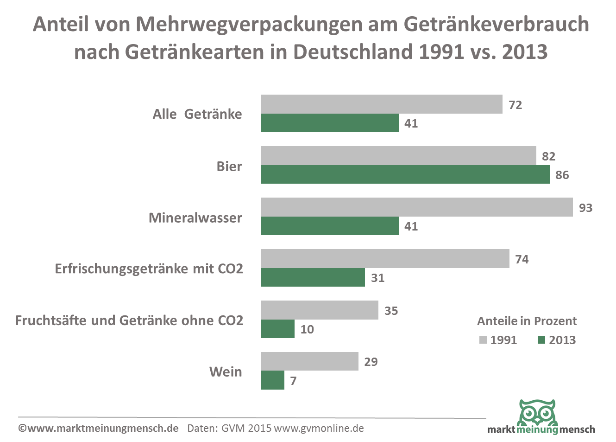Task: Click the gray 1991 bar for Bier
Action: tap(398, 156)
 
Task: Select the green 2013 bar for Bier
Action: tap(405, 174)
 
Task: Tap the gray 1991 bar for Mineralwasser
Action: tap(417, 207)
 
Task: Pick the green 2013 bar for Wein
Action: tap(273, 380)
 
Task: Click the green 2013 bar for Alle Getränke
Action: tap(330, 123)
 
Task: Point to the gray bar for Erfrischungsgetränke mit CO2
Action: tap(385, 259)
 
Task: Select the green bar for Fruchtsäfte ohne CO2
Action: tap(278, 329)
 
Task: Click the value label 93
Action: tap(585, 208)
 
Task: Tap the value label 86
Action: tap(562, 175)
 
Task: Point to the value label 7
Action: tap(293, 381)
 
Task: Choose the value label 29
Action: tap(371, 362)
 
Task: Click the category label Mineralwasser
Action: tap(195, 218)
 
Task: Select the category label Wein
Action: tap(226, 372)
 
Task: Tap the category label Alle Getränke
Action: tap(197, 114)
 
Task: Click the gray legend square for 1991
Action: tap(483, 340)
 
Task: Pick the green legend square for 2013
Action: tap(541, 340)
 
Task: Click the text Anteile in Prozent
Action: tap(527, 321)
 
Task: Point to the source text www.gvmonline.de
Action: tap(319, 428)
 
